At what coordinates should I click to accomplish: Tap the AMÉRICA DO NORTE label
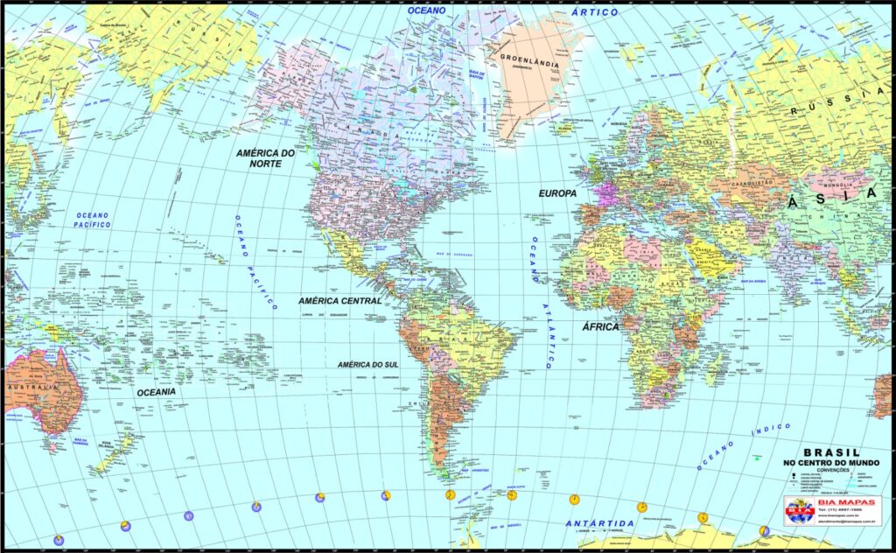click(265, 157)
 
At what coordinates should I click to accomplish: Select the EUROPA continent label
click(557, 192)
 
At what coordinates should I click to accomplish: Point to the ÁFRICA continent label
click(600, 326)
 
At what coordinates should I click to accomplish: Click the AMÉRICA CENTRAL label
click(340, 300)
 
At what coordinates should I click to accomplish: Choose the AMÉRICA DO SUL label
click(373, 364)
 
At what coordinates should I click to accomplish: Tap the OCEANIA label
click(156, 392)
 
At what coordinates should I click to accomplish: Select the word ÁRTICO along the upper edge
click(594, 12)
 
